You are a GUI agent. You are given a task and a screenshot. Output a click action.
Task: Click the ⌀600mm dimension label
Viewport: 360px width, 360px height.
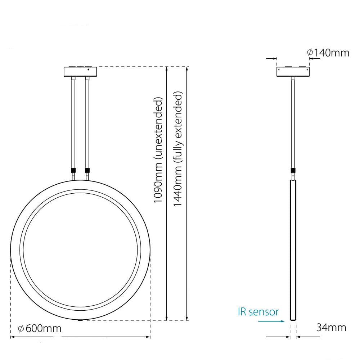click(x=40, y=329)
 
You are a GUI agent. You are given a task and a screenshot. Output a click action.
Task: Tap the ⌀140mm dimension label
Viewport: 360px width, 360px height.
click(x=328, y=53)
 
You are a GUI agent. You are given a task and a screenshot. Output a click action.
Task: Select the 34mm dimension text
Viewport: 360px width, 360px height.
click(x=331, y=327)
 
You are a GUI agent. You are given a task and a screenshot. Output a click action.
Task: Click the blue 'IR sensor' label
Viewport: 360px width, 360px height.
click(x=258, y=312)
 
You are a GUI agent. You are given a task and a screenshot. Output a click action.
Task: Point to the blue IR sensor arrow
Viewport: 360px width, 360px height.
click(x=271, y=321)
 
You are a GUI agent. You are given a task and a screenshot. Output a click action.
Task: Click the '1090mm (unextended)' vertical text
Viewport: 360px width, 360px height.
click(x=158, y=150)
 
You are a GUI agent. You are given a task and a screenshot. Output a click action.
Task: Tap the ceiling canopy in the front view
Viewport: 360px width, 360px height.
click(x=80, y=71)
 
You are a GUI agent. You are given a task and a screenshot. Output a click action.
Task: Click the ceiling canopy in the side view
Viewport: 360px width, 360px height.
click(x=293, y=71)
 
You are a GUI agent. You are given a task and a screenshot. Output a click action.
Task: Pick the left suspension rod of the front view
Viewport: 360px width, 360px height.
click(x=73, y=123)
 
